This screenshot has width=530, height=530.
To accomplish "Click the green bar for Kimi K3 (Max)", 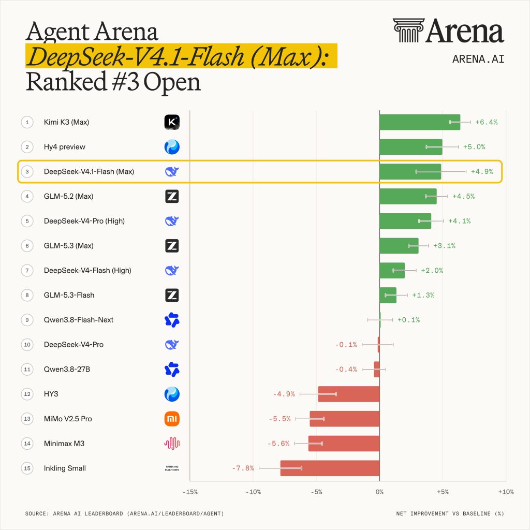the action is tap(420, 122).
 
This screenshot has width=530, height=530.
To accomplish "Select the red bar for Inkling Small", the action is tap(330, 468).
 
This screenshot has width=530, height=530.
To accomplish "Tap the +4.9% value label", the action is tap(482, 171).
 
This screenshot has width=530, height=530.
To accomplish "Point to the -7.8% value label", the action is tap(243, 468).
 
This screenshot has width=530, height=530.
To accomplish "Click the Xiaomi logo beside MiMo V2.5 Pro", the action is tap(172, 419).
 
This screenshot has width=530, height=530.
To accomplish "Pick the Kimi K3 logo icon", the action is tap(172, 122).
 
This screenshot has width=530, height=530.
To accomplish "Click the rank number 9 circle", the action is tap(27, 320).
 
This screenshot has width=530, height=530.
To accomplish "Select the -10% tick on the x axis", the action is tap(253, 492).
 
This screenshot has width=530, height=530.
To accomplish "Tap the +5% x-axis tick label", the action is tap(443, 492).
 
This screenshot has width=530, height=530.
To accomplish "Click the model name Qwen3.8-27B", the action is tap(67, 369).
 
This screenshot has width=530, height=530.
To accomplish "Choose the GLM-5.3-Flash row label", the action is tap(69, 295).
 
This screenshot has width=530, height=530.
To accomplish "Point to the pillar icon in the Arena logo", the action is tap(408, 31).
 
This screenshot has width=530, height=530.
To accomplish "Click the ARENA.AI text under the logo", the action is tap(478, 59).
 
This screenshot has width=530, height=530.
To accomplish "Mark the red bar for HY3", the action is tap(349, 394).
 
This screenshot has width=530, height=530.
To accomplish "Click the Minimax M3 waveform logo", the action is tap(172, 444).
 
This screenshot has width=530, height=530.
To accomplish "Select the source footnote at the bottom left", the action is tap(124, 513).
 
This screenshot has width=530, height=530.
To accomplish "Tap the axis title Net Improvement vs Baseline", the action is tap(450, 513).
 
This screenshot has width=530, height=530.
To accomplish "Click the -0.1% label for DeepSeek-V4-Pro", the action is tap(346, 344).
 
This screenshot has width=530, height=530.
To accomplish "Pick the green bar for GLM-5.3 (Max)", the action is tap(399, 246).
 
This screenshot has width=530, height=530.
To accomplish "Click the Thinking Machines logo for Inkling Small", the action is tap(172, 468).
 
